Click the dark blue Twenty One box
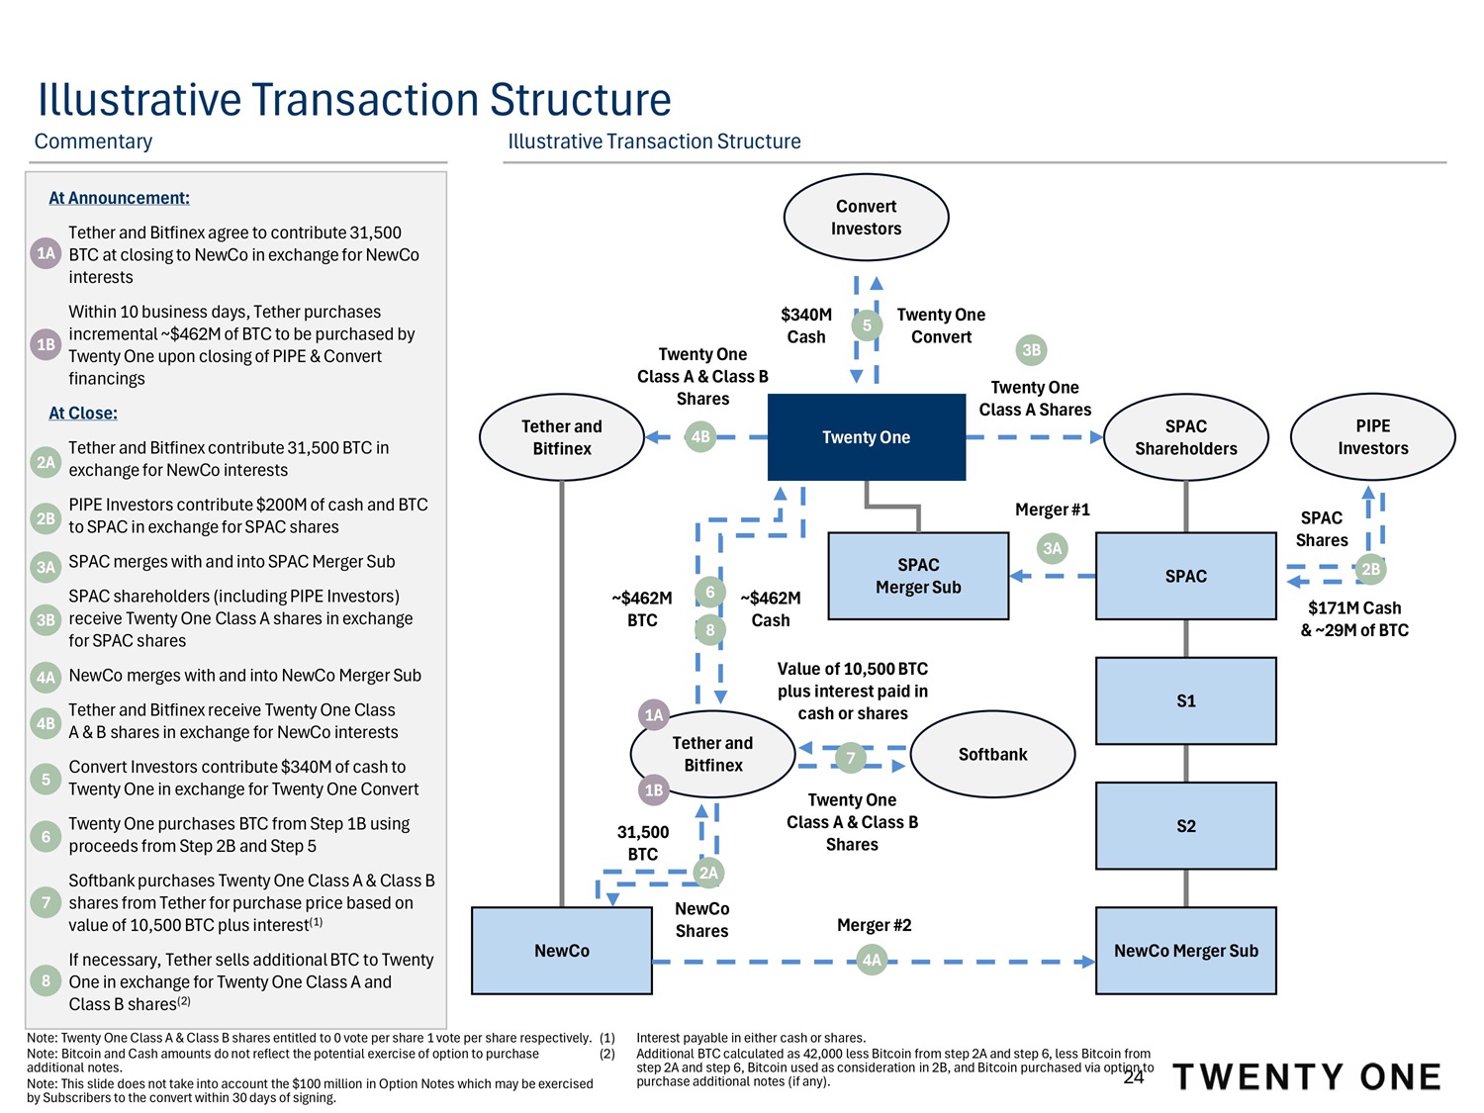pos(866,437)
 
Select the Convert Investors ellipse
pos(866,218)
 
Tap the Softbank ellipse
pos(992,754)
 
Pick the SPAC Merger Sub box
pos(918,576)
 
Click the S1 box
pos(1185,700)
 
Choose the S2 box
pos(1185,826)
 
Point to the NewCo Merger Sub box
pos(1185,951)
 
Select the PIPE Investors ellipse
pos(1372,437)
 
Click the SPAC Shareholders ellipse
pos(1185,437)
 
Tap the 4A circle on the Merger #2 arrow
pos(872,961)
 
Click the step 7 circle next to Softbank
pos(851,759)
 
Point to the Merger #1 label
pos(1052,510)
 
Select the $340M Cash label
pos(806,325)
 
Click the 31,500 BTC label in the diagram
pos(643,843)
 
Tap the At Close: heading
pos(83,414)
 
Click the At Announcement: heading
pos(119,198)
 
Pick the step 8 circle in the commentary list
pos(46,981)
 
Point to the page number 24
pos(1134,1077)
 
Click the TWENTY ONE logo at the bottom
pos(1306,1076)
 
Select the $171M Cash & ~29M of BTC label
pos(1354,619)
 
